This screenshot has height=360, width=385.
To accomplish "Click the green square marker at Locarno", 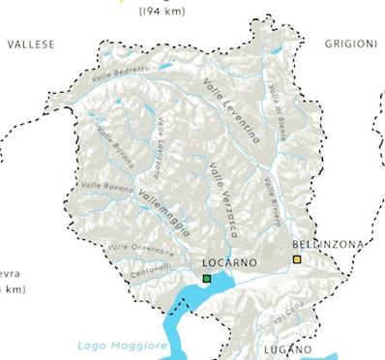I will [x=207, y=280].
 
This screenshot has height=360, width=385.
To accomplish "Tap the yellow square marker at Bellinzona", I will [x=298, y=259].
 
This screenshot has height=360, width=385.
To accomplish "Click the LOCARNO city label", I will [x=229, y=263].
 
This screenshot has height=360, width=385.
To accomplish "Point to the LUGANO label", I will [x=285, y=348].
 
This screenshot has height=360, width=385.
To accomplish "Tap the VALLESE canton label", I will [x=30, y=45].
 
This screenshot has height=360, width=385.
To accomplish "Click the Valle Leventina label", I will [x=233, y=111].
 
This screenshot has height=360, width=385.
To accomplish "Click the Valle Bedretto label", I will [x=122, y=73].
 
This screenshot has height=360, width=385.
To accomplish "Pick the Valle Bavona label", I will [x=113, y=149].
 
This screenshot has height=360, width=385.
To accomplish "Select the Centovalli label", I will [x=149, y=266].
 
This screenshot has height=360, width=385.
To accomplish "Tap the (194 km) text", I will [x=163, y=13].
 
